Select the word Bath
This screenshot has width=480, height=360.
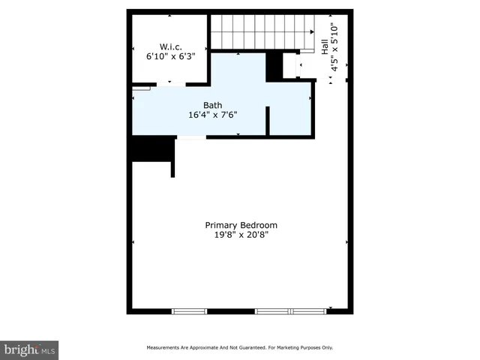click(x=212, y=105)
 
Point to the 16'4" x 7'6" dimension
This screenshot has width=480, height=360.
click(x=212, y=115)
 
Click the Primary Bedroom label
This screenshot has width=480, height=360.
click(x=241, y=225)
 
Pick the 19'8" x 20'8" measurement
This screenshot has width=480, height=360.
click(x=241, y=235)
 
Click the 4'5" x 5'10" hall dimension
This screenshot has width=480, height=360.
click(x=335, y=46)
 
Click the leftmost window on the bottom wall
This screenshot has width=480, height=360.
click(x=189, y=310)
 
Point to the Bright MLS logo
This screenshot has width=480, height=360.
click(x=29, y=349)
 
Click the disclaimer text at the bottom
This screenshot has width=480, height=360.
click(x=238, y=347)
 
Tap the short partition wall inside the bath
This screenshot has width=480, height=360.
click(x=268, y=120)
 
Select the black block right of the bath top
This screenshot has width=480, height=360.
click(x=275, y=66)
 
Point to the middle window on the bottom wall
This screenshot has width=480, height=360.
click(x=273, y=310)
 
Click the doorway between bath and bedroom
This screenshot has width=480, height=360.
click(x=190, y=137)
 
